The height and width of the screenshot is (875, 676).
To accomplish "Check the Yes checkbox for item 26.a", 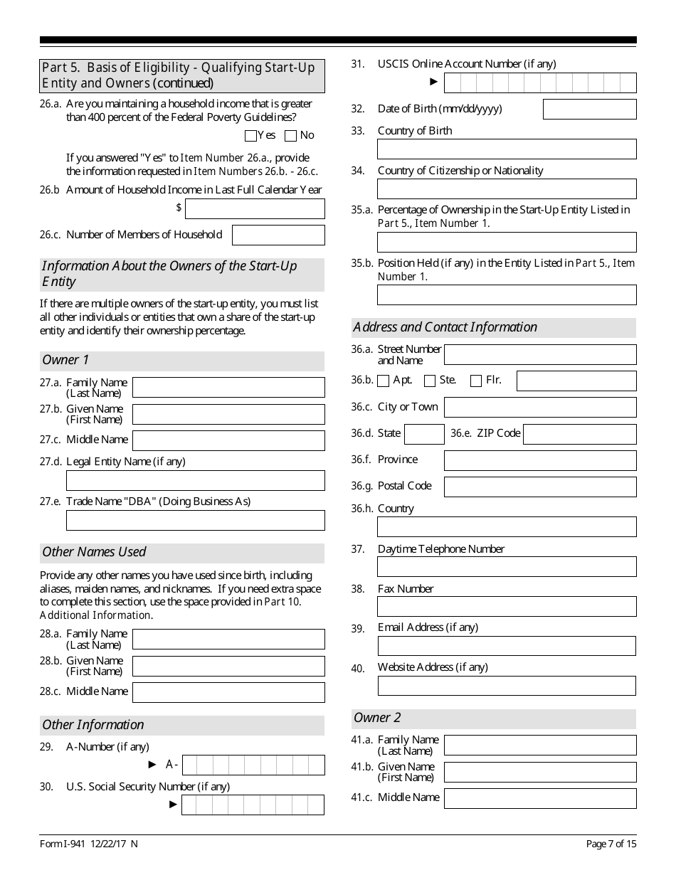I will (250, 136).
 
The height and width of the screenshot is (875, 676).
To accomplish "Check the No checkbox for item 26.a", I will (290, 136).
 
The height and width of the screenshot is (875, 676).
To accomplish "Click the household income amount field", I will (255, 208).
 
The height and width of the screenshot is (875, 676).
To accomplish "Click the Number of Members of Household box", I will (278, 235).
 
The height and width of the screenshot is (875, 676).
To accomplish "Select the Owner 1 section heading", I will (65, 360).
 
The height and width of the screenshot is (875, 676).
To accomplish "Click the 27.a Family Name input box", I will (228, 387).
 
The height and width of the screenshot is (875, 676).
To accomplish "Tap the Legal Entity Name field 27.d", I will (195, 480).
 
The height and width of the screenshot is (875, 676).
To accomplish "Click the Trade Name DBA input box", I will (195, 520).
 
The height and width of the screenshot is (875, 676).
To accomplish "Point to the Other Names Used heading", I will (94, 552).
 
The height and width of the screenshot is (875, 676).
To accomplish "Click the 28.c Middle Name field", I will (228, 692).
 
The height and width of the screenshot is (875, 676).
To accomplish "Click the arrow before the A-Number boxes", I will (152, 765).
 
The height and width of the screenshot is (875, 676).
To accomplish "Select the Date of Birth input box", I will (589, 109).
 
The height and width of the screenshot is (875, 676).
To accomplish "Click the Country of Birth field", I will (507, 149).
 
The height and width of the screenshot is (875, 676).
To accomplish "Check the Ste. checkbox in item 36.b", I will (430, 381).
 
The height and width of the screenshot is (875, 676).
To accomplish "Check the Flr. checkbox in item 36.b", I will (476, 381).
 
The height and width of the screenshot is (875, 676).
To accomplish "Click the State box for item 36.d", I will (424, 434).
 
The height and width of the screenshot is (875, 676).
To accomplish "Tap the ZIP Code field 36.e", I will (579, 434).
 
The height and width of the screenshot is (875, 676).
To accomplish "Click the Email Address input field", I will (507, 645).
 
